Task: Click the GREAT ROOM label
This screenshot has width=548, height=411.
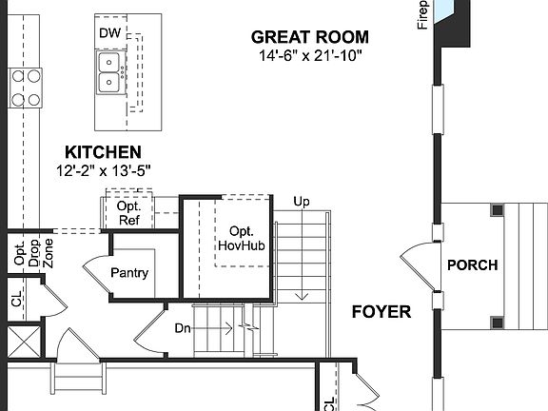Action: point(309,37)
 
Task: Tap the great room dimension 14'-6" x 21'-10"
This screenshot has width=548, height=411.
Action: point(309,55)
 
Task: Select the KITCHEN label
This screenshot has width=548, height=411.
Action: point(103,152)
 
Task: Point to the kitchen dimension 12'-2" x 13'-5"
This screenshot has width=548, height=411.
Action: point(103,169)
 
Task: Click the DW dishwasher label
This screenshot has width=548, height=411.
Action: point(109,33)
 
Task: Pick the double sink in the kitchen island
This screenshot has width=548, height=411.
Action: point(111,70)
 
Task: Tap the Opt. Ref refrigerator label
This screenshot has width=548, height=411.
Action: point(128,212)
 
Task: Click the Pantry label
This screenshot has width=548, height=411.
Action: point(129,273)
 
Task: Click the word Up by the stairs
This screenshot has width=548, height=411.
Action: point(302,202)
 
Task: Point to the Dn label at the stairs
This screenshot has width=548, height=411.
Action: point(184,328)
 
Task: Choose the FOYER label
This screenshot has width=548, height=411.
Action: point(381,311)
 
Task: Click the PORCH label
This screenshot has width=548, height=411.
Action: point(473,265)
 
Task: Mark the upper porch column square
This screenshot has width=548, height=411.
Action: point(498,209)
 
